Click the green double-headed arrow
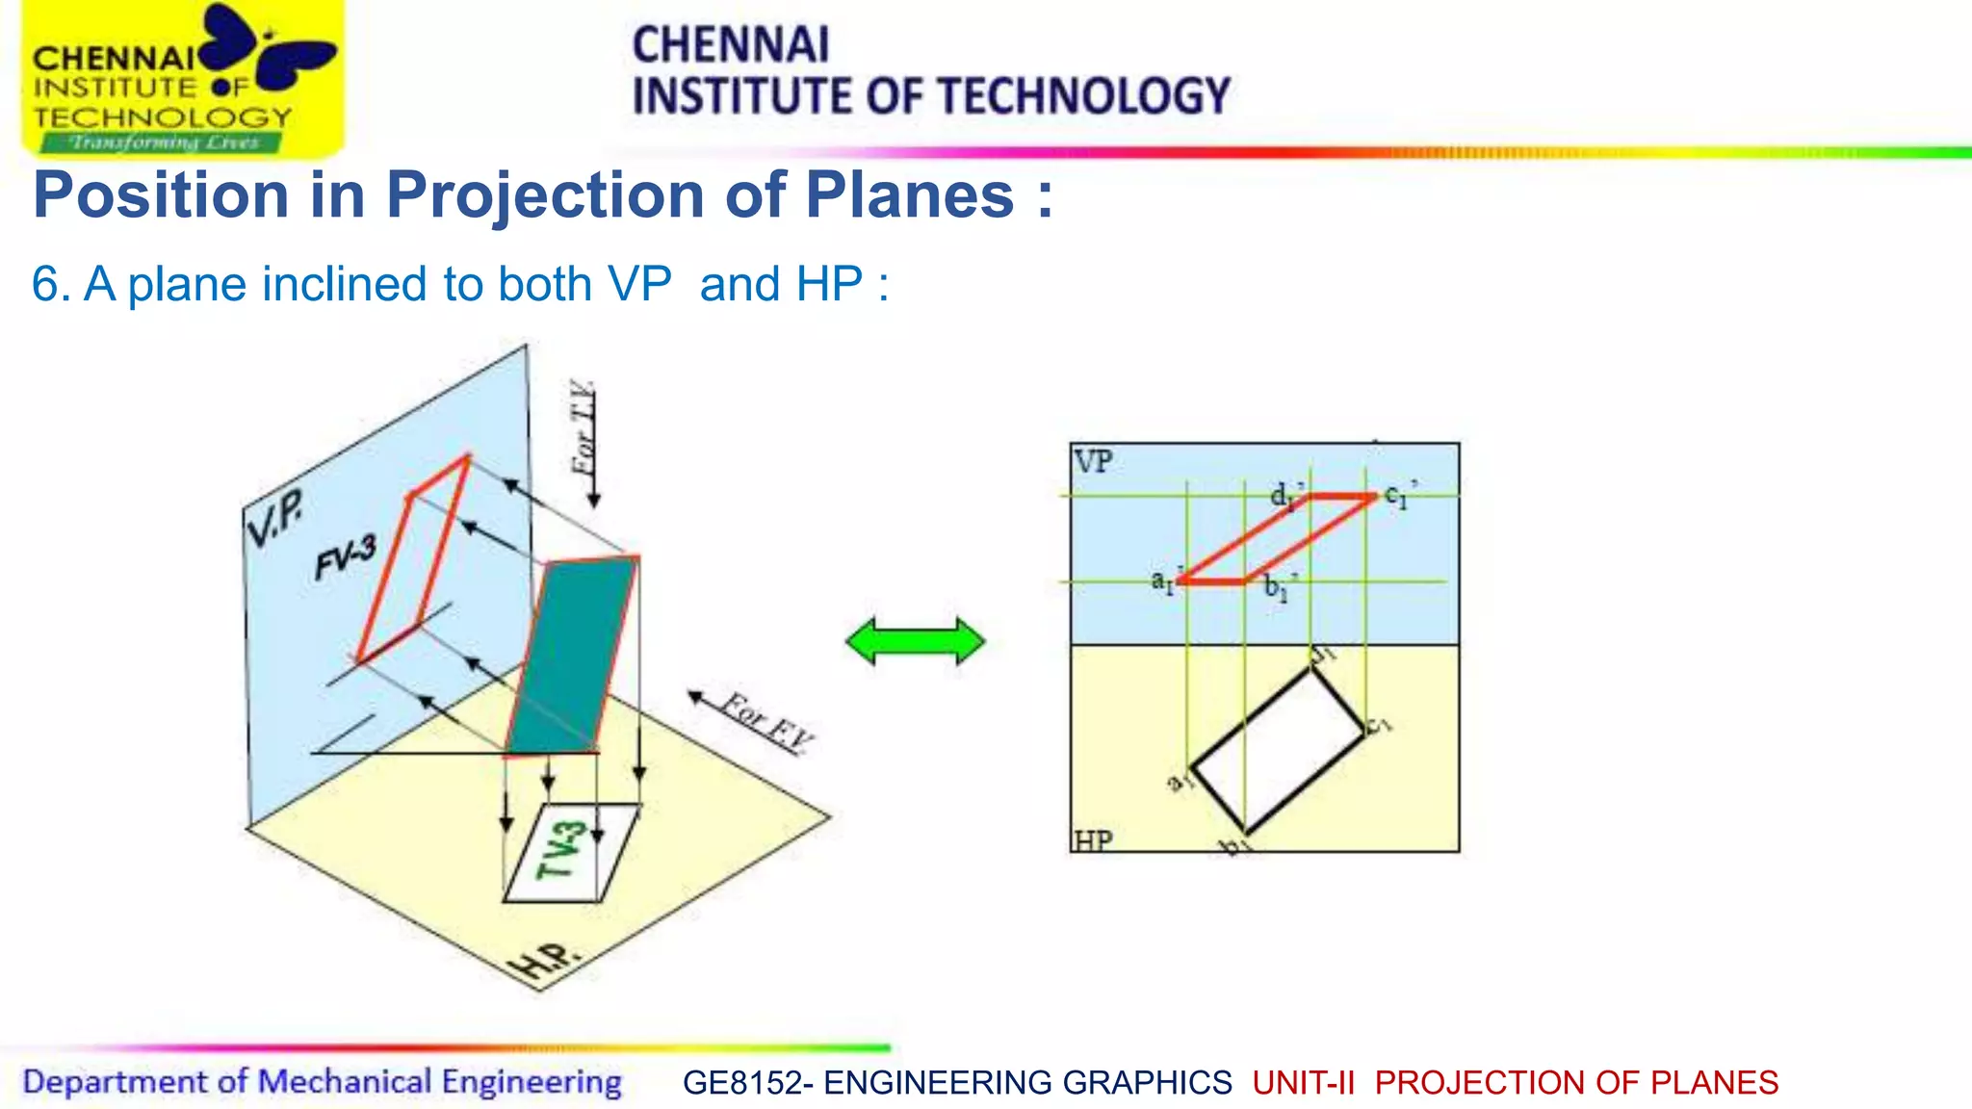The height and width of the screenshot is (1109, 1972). (916, 642)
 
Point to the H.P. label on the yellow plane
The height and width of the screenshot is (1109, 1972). (545, 962)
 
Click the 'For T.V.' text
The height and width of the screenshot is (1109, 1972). (584, 428)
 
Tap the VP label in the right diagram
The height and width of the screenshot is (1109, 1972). (1093, 462)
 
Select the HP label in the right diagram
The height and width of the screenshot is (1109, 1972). (1093, 840)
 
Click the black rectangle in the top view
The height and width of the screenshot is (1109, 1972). (1278, 749)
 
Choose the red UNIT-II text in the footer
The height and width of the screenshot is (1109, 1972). (1303, 1083)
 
